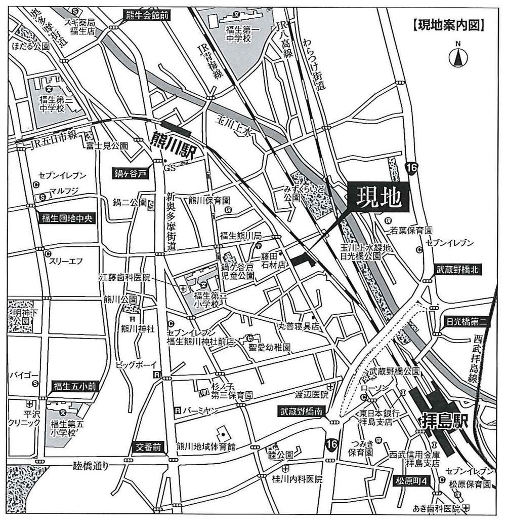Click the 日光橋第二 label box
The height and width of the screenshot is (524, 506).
click(467, 321)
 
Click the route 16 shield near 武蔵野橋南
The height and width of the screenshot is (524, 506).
click(331, 444)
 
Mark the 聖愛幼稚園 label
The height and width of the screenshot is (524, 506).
click(269, 348)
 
